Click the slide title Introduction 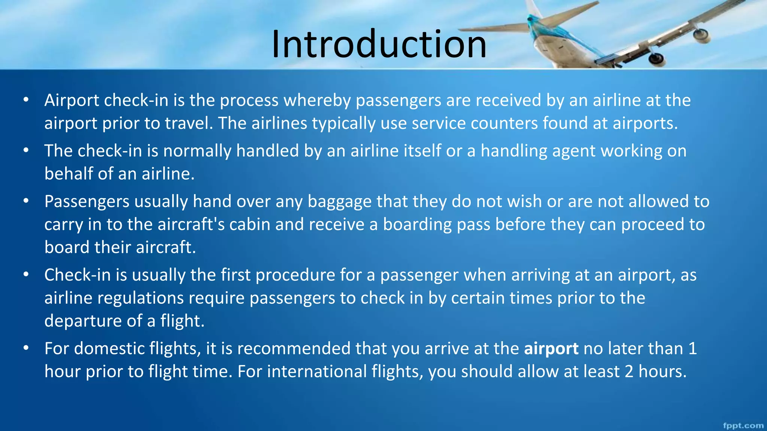point(379,44)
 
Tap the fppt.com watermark point(743,426)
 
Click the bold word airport point(551,349)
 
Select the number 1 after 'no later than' point(692,349)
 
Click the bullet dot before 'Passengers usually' point(26,201)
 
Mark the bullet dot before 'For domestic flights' point(26,348)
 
